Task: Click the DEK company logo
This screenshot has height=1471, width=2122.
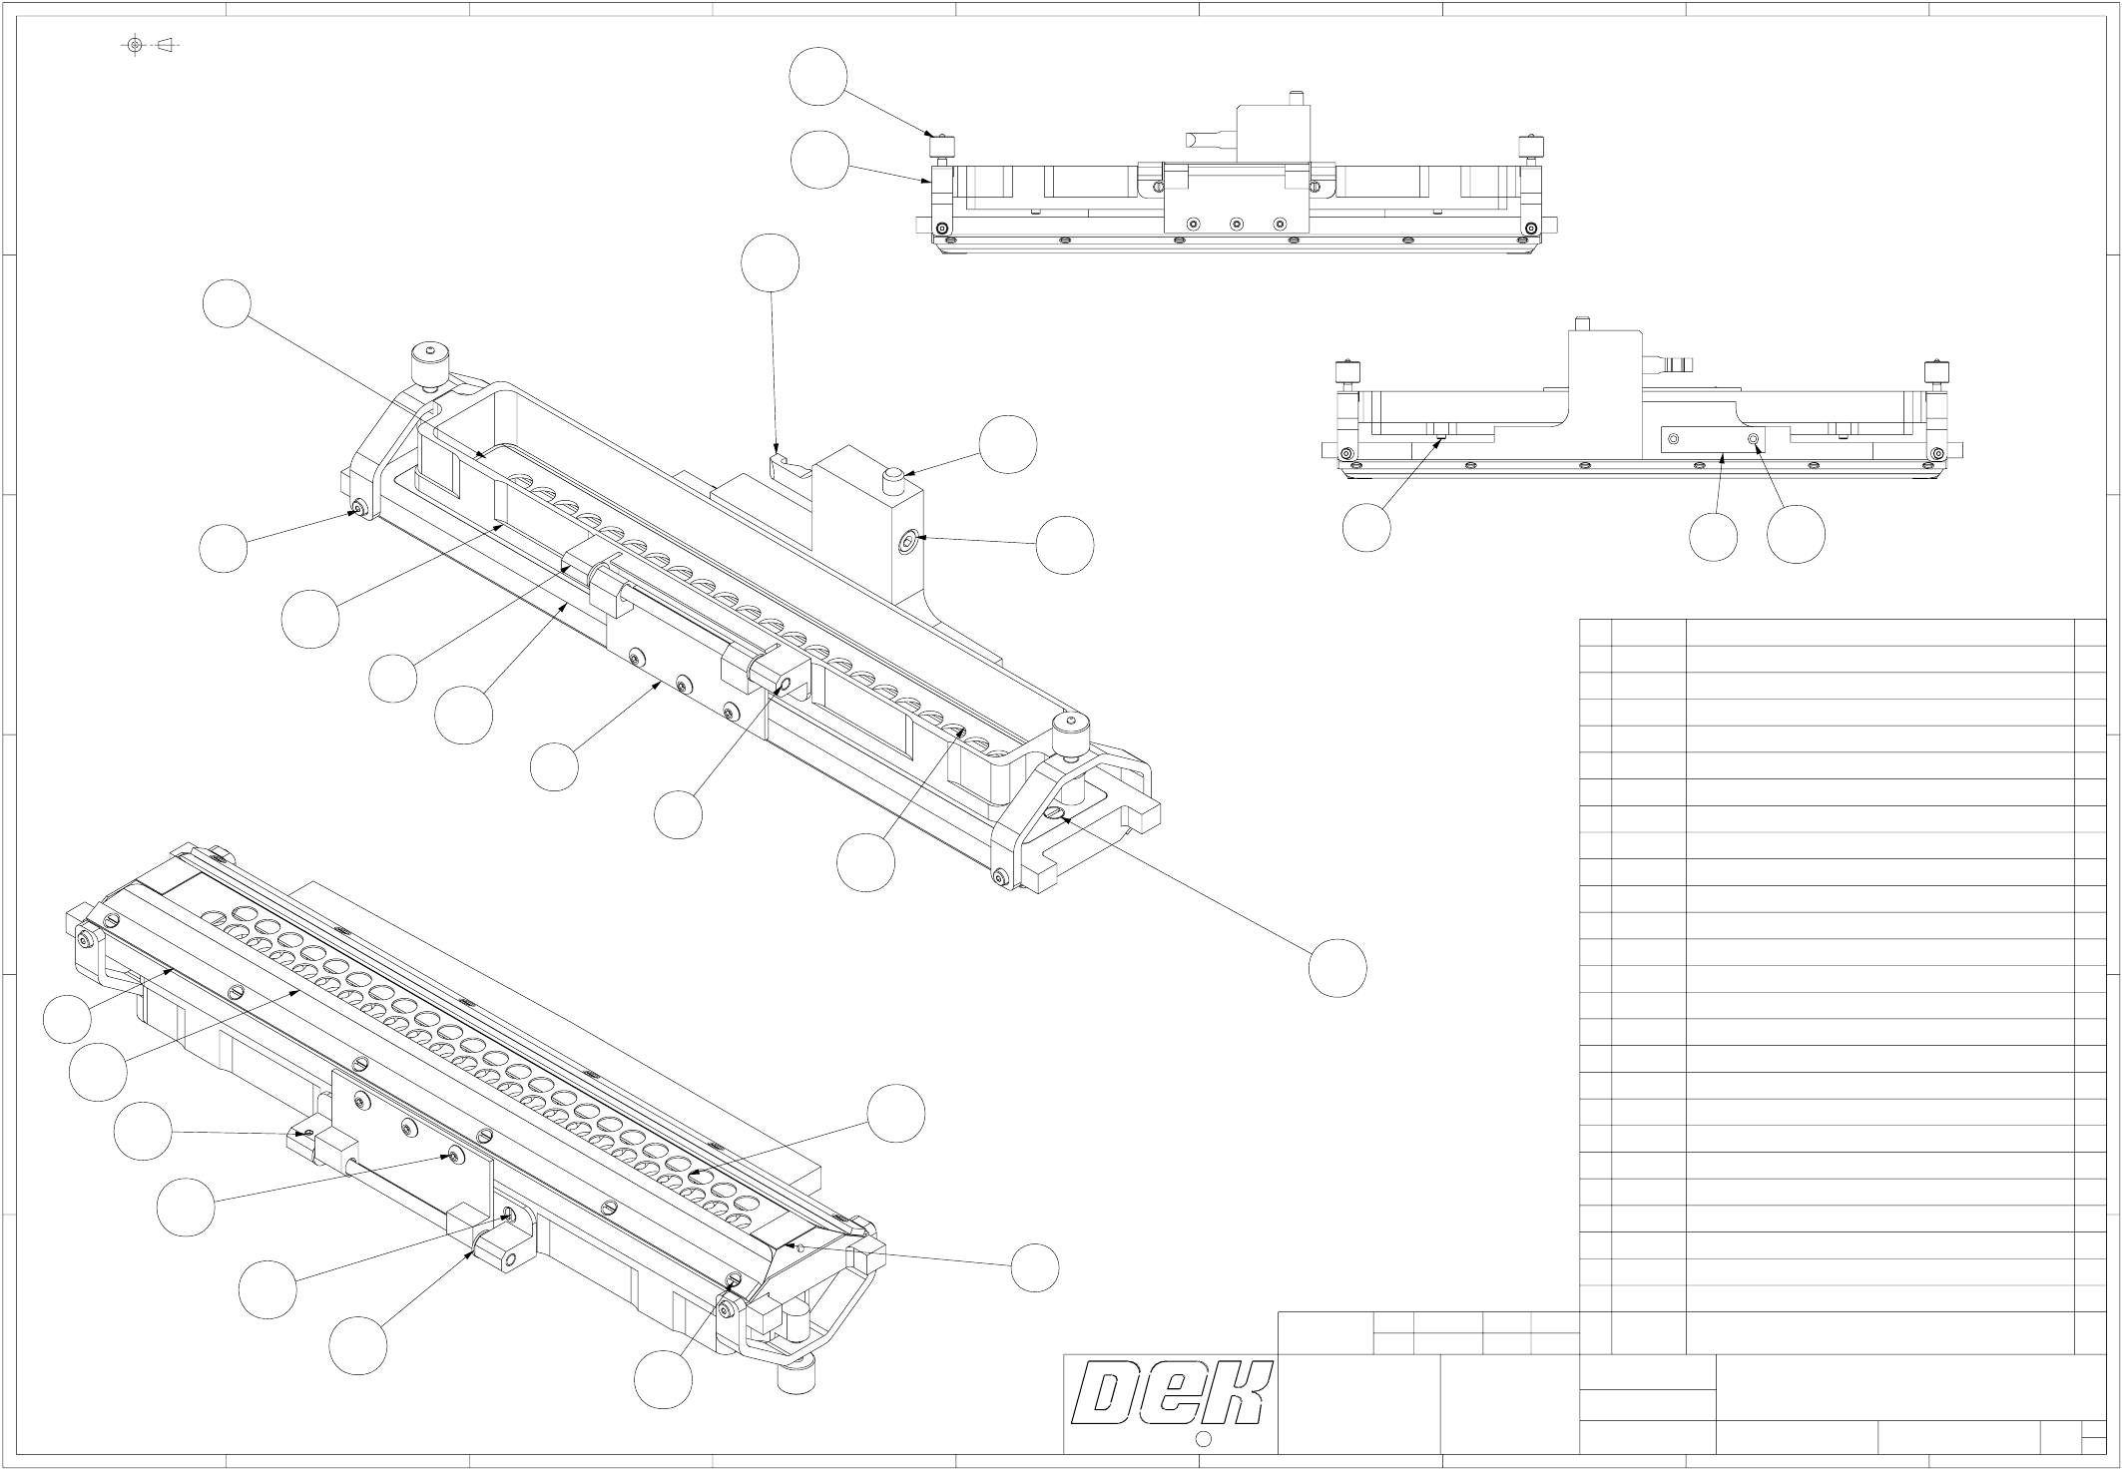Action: [x=1171, y=1392]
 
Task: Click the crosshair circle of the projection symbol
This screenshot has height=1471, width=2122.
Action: [x=135, y=45]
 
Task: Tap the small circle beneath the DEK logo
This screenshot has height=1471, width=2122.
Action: [x=1203, y=1439]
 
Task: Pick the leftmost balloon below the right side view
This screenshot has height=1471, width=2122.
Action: [x=1366, y=528]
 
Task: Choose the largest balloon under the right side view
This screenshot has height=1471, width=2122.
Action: [x=1796, y=534]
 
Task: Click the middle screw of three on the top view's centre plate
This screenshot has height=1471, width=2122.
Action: [x=1236, y=224]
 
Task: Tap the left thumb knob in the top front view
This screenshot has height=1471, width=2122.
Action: [x=941, y=148]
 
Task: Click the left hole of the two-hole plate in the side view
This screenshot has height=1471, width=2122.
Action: [x=1674, y=439]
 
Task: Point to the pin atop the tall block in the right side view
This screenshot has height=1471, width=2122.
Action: [x=1580, y=323]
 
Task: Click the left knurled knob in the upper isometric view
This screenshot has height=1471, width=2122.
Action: [x=426, y=364]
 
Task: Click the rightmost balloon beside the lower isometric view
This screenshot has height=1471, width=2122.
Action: [x=1035, y=1268]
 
